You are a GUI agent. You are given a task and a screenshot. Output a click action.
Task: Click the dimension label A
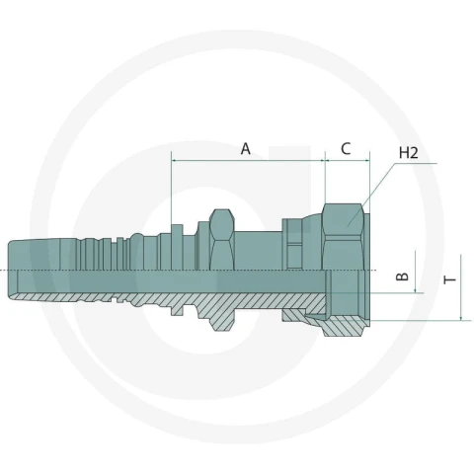[x=246, y=149]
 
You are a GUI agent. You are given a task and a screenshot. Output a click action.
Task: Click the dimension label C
[x=346, y=149]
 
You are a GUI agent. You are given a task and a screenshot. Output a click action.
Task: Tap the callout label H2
[x=408, y=153]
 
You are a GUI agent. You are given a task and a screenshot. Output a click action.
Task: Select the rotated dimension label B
[x=402, y=276]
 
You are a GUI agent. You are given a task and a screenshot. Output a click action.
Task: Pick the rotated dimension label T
[x=449, y=279]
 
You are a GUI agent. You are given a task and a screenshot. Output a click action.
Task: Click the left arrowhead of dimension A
[x=175, y=160]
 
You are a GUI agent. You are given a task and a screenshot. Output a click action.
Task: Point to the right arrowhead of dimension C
[x=366, y=160]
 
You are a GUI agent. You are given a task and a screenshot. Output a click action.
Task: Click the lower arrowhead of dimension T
[x=461, y=317]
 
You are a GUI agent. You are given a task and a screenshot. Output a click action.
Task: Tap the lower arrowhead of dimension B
[x=416, y=289]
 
